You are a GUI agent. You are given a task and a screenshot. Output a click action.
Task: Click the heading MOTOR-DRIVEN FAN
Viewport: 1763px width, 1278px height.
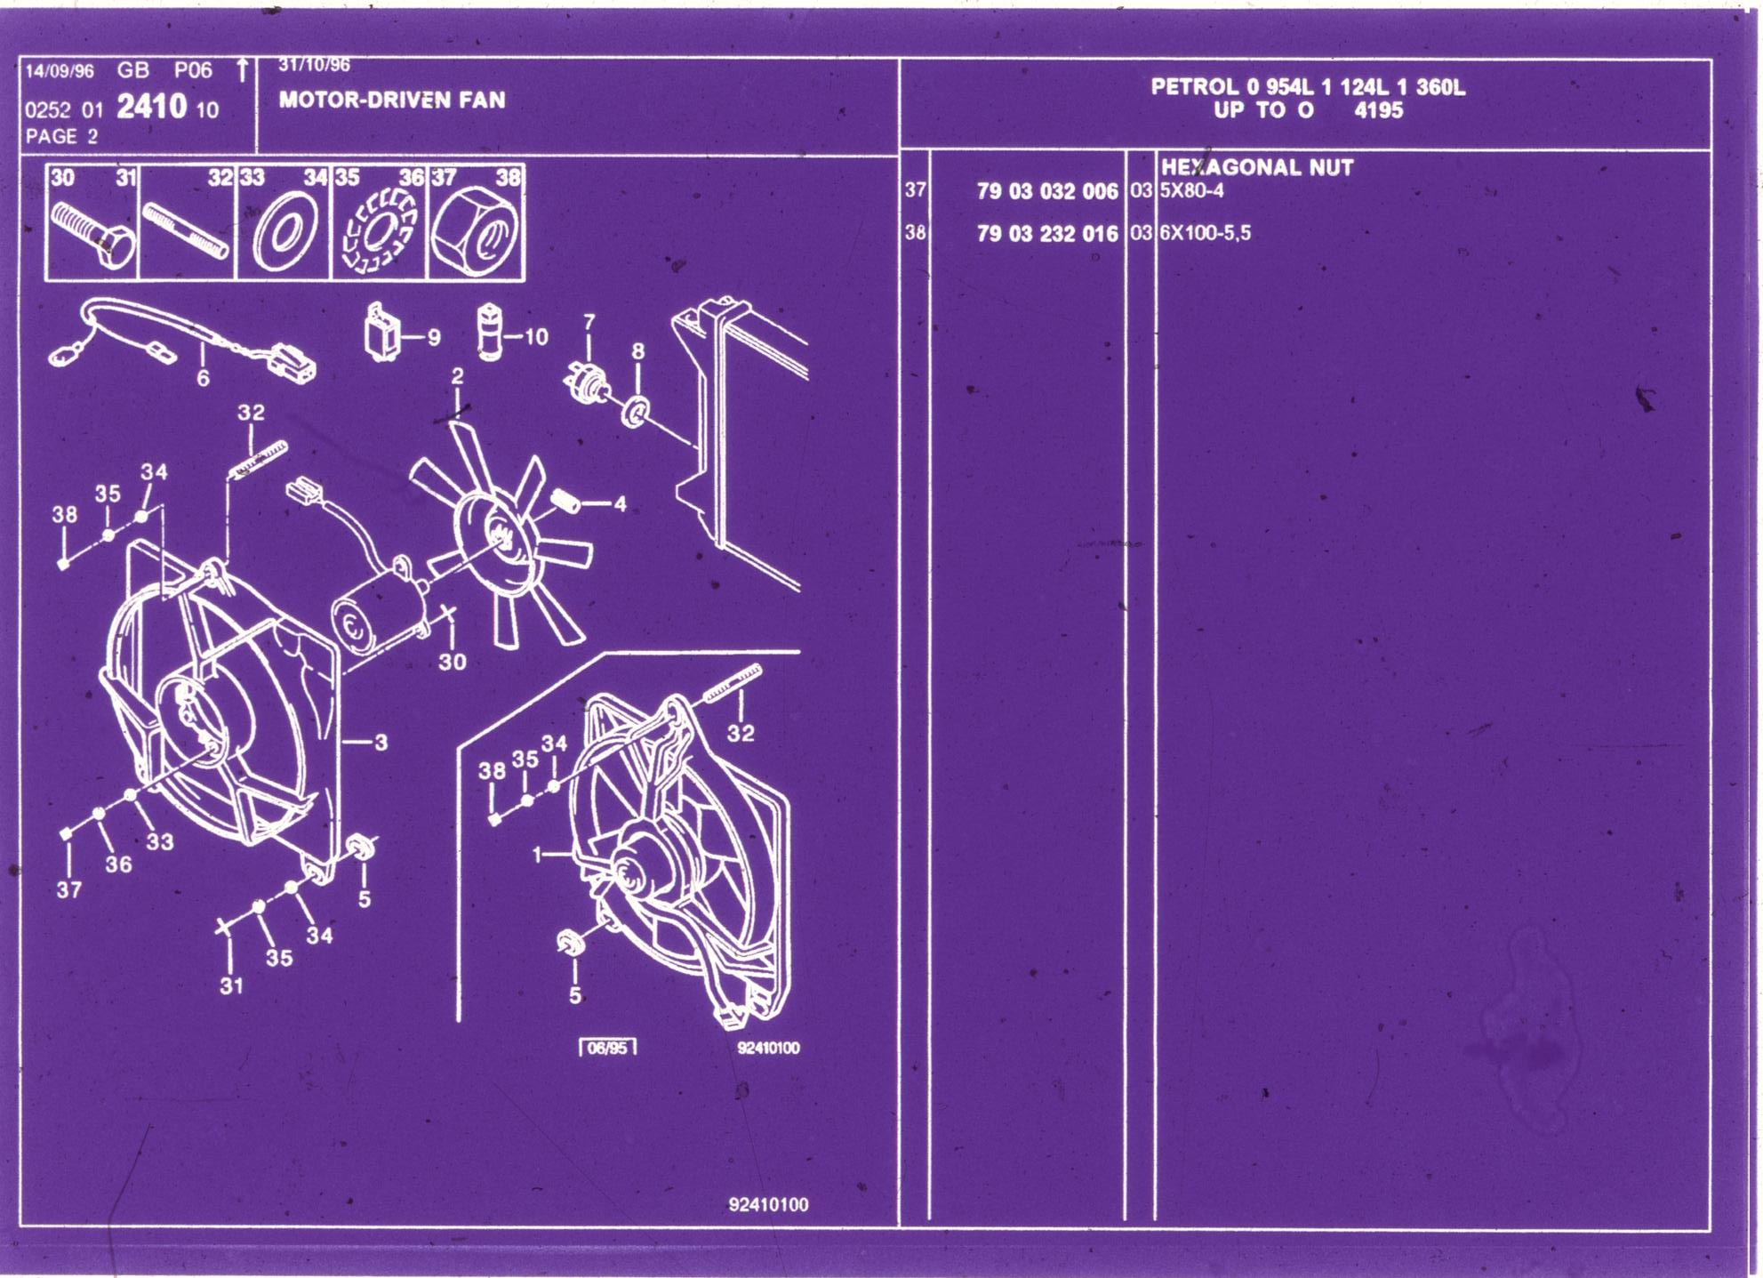pyautogui.click(x=392, y=100)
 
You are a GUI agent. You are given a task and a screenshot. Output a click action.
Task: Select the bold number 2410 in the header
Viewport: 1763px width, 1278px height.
pyautogui.click(x=152, y=108)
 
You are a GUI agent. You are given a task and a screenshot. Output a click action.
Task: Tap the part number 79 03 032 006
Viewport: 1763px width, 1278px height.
pyautogui.click(x=1047, y=191)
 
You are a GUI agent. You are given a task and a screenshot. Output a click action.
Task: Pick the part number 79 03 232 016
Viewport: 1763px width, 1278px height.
pyautogui.click(x=1047, y=234)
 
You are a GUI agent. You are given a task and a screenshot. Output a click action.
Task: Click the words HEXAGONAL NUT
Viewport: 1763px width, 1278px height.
pyautogui.click(x=1257, y=167)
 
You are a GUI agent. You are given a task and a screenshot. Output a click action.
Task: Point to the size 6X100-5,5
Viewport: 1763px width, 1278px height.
pyautogui.click(x=1205, y=233)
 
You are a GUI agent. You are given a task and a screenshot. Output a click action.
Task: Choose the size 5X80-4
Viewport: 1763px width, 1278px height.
pyautogui.click(x=1191, y=190)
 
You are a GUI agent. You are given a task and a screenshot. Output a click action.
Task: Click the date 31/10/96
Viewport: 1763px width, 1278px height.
pyautogui.click(x=315, y=65)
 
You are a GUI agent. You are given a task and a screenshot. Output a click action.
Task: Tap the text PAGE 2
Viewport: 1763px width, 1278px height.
pyautogui.click(x=61, y=136)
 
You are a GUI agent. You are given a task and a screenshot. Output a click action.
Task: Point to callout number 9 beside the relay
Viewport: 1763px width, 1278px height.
pyautogui.click(x=434, y=338)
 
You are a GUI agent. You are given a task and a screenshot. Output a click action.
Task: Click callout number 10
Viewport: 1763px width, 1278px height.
pyautogui.click(x=536, y=337)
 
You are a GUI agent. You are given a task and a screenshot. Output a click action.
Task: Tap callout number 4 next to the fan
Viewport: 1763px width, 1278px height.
pyautogui.click(x=620, y=504)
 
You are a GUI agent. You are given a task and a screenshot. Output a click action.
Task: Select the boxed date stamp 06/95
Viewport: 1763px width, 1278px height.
pyautogui.click(x=608, y=1048)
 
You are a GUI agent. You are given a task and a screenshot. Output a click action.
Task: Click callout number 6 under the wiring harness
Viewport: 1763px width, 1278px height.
pyautogui.click(x=203, y=379)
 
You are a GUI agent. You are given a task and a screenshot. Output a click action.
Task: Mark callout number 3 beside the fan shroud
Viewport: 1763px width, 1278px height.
pyautogui.click(x=381, y=743)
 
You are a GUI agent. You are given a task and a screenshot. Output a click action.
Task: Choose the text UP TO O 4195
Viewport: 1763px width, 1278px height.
pyautogui.click(x=1308, y=110)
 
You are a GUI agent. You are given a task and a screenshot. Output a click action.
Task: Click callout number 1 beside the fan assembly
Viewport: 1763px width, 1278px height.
pyautogui.click(x=537, y=855)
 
